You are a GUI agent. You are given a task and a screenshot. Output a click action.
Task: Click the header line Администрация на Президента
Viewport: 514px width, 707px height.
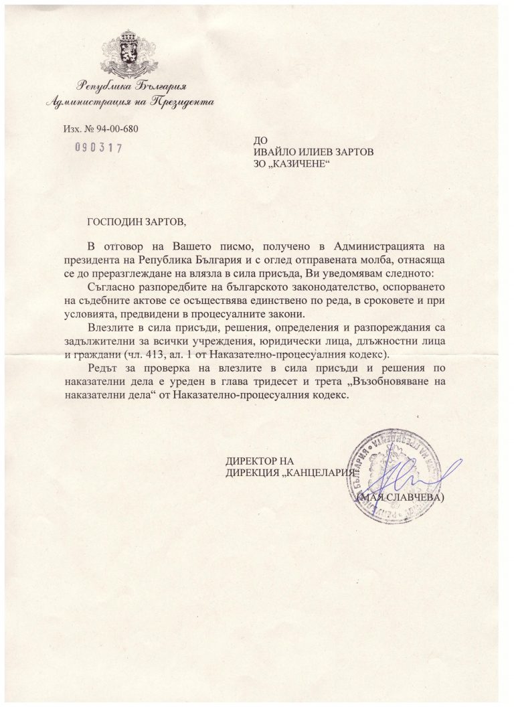(126, 102)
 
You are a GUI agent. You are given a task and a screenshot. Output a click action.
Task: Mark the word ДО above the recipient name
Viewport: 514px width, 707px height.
(254, 140)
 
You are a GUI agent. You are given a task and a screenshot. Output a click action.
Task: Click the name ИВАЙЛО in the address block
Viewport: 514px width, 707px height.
(269, 151)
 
